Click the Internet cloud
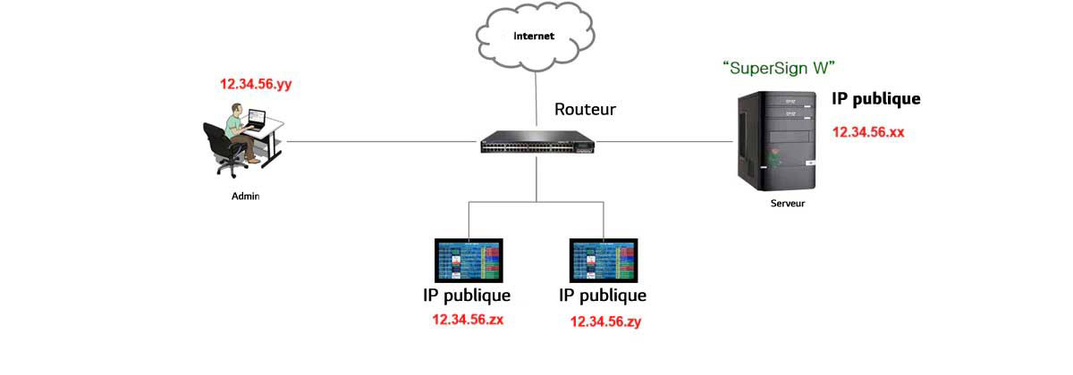coord(535,37)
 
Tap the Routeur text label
coord(585,110)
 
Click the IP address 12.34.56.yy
coord(257,85)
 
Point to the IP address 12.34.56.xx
coord(868,131)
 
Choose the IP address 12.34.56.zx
coord(468,319)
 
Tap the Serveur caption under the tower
coord(788,204)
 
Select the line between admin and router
coord(384,141)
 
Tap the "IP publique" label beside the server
coord(875,99)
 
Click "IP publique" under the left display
coord(467,296)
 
